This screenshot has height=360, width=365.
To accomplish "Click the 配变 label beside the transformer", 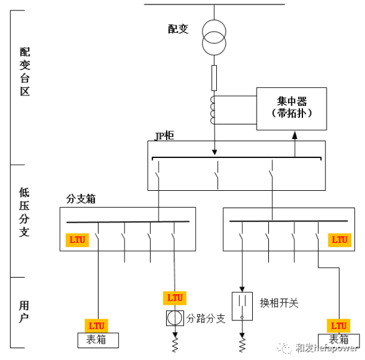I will [178, 29].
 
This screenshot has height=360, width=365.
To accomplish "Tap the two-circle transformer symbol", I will [214, 42].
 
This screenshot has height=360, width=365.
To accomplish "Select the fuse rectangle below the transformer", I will [214, 77].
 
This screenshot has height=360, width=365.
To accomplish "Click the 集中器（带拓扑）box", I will [291, 108].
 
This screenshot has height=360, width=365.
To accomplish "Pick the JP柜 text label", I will [164, 136].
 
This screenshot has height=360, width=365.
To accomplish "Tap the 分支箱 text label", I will [81, 200].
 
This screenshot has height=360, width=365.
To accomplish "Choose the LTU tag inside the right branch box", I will [339, 239].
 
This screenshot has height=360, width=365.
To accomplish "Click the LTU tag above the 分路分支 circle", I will [175, 297].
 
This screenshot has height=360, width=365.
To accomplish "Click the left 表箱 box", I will [96, 340].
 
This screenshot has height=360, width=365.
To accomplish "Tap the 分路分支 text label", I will [206, 318].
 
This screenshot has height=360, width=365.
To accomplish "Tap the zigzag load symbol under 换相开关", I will [242, 342].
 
